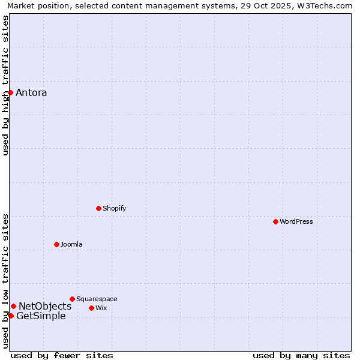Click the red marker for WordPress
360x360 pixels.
275,221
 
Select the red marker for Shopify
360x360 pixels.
98,208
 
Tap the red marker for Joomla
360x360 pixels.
56,244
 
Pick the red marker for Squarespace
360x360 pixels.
72,299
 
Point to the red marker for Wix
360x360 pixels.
91,308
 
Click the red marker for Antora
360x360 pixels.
10,92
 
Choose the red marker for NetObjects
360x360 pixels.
13,306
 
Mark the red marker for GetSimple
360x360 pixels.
11,316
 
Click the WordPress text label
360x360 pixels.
296,221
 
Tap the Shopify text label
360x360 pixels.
114,208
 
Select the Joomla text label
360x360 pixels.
71,244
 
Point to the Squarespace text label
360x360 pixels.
97,299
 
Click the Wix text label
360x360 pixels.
101,308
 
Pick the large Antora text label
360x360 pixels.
31,92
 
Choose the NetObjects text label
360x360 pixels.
45,306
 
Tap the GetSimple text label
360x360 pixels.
41,316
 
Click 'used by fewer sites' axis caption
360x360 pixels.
62,355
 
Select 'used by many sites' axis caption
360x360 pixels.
301,355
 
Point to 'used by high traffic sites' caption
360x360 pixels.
5,85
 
